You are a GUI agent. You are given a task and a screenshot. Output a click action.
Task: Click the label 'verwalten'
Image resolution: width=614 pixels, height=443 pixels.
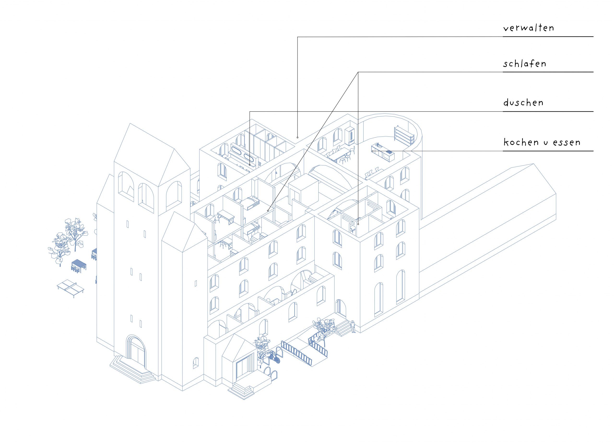528,28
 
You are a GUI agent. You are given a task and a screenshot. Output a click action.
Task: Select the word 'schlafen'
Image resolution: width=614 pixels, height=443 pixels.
524,64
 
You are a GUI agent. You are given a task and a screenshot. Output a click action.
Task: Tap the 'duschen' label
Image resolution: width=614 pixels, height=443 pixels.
523,103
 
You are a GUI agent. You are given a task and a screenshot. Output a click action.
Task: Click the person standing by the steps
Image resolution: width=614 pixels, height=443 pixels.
353,326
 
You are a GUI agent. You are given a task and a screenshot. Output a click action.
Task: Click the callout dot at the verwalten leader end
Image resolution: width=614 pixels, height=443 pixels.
297,137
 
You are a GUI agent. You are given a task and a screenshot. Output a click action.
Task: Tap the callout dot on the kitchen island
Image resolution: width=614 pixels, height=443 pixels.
372,151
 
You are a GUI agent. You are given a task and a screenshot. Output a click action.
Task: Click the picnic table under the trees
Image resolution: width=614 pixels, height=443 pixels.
79,265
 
